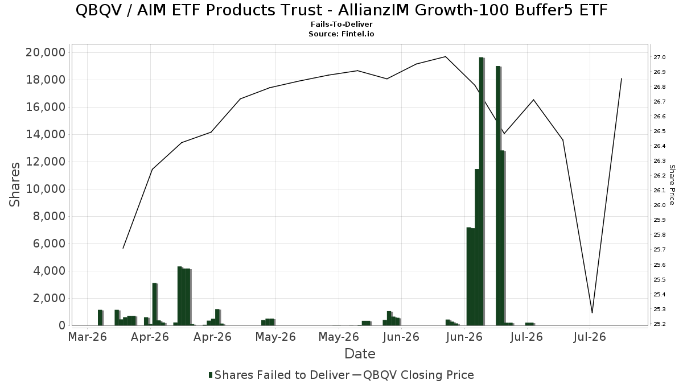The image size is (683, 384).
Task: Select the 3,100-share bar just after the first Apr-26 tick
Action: pyautogui.click(x=155, y=304)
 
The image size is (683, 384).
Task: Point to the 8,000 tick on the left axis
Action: pyautogui.click(x=49, y=216)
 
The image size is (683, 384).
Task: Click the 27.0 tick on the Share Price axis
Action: pyautogui.click(x=659, y=57)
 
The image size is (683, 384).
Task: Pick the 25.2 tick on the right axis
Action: pyautogui.click(x=659, y=324)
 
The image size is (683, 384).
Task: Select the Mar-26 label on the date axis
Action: pyautogui.click(x=88, y=337)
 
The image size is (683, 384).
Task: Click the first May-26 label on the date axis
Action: pyautogui.click(x=275, y=337)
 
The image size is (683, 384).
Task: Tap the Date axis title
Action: pyautogui.click(x=360, y=354)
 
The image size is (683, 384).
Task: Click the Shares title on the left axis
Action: pyautogui.click(x=14, y=185)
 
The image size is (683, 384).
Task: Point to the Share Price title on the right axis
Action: pyautogui.click(x=672, y=185)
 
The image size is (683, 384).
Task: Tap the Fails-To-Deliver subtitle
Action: pyautogui.click(x=341, y=24)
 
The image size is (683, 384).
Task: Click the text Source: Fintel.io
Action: pyautogui.click(x=341, y=34)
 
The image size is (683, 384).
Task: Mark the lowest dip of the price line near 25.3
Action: pyautogui.click(x=592, y=313)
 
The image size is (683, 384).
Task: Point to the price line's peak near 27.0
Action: pyautogui.click(x=446, y=56)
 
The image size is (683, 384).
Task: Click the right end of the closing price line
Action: pyautogui.click(x=622, y=79)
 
